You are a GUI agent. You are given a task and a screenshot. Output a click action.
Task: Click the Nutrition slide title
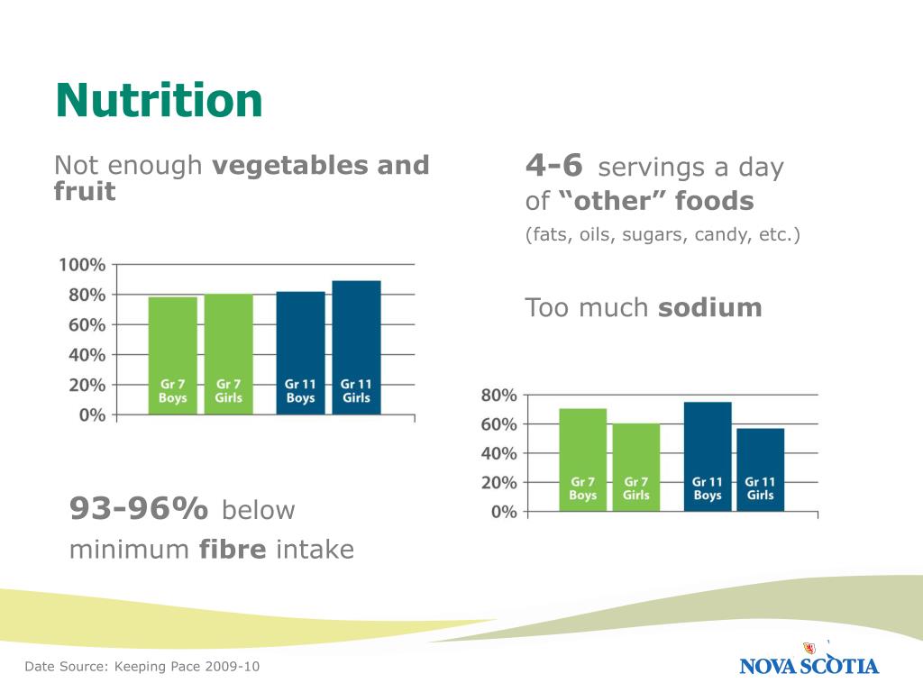point(159,100)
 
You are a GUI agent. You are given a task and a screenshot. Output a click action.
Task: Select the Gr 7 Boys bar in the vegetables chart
point(172,355)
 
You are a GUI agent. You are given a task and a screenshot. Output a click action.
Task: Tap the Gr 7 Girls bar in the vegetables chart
point(228,354)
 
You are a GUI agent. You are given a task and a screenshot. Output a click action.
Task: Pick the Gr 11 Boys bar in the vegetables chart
point(300,353)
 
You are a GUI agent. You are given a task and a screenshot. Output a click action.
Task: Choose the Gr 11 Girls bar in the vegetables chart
point(356,348)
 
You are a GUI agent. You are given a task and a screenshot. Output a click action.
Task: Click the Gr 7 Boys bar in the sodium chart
point(583,460)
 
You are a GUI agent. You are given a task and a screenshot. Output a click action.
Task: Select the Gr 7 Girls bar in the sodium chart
point(636,468)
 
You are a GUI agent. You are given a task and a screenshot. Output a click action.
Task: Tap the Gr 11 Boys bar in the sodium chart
point(708,457)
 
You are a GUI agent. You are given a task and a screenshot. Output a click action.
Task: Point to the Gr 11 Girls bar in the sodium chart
point(761,469)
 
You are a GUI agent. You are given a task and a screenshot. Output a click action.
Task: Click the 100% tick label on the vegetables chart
point(82,265)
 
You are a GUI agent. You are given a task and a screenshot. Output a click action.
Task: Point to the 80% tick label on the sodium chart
point(498,395)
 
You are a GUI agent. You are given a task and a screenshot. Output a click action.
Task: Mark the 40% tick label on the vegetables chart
point(87,355)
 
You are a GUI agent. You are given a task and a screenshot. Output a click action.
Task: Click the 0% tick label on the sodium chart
point(504,512)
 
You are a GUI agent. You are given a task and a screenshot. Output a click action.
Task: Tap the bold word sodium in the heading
point(710,308)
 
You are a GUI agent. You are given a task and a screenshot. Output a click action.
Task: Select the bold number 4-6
point(554,165)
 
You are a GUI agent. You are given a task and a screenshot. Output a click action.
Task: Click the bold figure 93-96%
point(138,508)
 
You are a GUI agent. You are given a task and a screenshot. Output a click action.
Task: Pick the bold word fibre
point(233,549)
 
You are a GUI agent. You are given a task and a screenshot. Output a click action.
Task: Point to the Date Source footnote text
point(142,667)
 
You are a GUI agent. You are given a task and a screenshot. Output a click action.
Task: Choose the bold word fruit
point(85,191)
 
